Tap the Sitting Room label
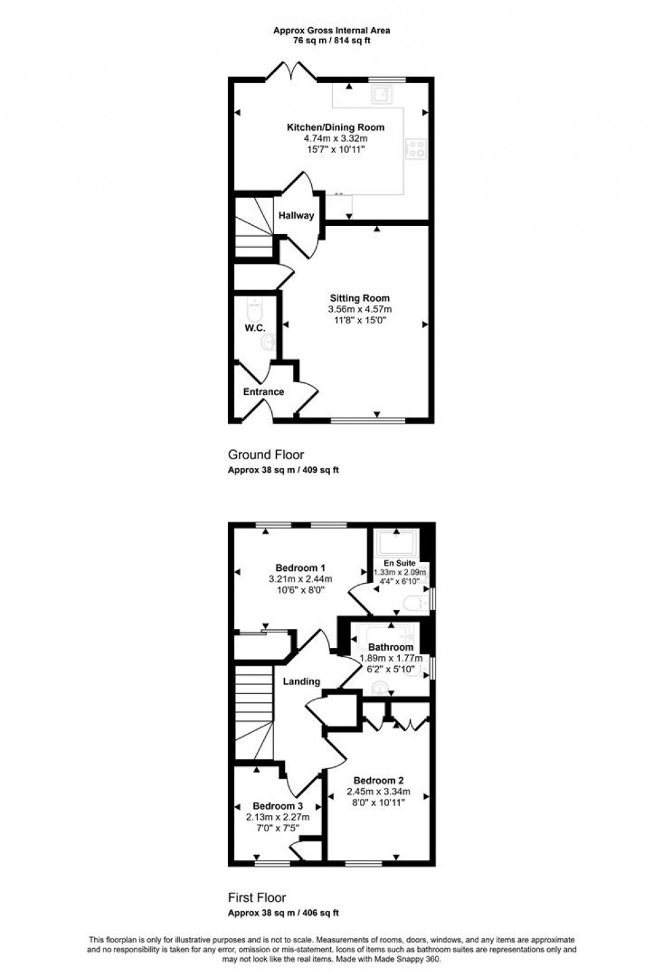coord(359,298)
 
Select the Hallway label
coord(296,216)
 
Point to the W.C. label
coord(255,328)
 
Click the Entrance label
coord(263,392)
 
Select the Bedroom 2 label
coord(380,781)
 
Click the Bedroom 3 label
coord(277,806)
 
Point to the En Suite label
coord(400,563)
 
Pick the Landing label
coord(301,681)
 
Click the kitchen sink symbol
coord(381,94)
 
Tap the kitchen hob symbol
coord(415,148)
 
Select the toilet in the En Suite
coord(413,602)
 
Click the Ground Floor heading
coord(266,455)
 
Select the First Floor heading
coord(257,898)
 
